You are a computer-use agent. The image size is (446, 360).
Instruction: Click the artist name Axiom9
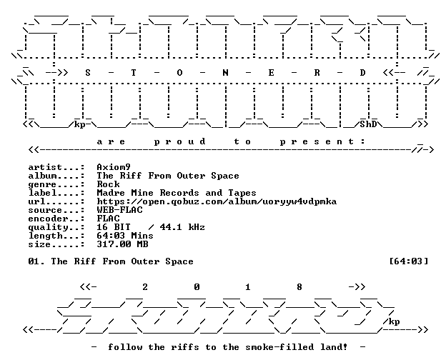114,167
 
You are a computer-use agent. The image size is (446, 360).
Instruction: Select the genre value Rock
108,184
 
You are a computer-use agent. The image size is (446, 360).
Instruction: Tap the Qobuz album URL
217,201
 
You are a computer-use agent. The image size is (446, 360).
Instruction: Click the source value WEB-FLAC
120,210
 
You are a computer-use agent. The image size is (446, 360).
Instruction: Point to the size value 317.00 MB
123,244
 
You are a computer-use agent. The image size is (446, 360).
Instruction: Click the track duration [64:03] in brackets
409,261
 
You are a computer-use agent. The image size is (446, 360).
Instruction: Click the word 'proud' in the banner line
179,141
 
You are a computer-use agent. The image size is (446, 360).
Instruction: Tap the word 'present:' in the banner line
322,141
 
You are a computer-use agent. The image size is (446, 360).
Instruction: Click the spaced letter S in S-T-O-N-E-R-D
88,73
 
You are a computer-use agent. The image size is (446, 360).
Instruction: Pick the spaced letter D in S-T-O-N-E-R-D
362,73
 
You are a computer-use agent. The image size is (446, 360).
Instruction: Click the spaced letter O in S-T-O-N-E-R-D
179,73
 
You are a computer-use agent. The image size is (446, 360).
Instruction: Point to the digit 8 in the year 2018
299,287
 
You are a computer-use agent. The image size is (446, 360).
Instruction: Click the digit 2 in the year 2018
145,287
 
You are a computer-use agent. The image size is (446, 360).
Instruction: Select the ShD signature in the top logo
368,124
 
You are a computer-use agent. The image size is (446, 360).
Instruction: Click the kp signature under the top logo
79,125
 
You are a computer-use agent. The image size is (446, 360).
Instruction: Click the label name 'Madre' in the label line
111,193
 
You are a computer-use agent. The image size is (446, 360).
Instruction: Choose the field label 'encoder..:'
56,219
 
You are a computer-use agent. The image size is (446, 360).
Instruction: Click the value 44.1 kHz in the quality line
182,227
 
